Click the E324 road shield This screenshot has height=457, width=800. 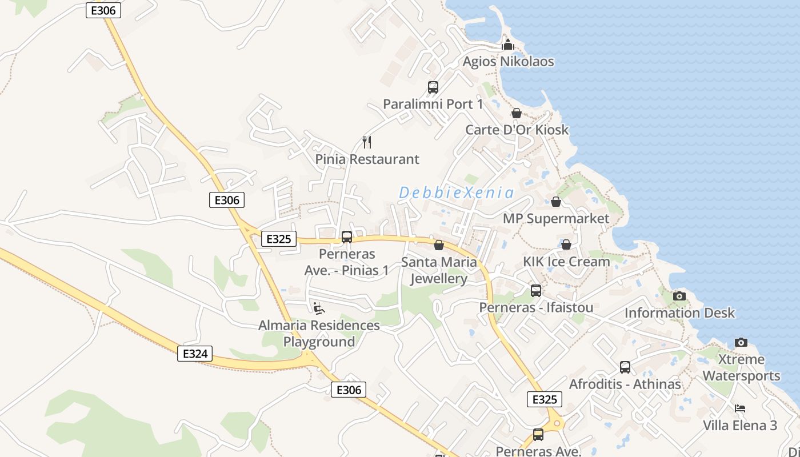pyautogui.click(x=195, y=354)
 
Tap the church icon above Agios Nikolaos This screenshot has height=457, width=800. pyautogui.click(x=507, y=44)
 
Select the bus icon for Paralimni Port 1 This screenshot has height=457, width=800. pyautogui.click(x=433, y=87)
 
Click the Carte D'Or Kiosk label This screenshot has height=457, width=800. pyautogui.click(x=517, y=130)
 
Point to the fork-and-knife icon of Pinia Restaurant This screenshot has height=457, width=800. pyautogui.click(x=367, y=142)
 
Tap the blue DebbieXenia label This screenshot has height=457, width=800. pyautogui.click(x=456, y=193)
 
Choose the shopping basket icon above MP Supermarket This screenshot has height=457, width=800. pyautogui.click(x=555, y=202)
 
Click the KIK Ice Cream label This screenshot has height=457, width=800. pyautogui.click(x=566, y=262)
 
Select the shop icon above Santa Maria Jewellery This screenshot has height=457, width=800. pyautogui.click(x=439, y=245)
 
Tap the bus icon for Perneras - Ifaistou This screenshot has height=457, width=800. pyautogui.click(x=535, y=291)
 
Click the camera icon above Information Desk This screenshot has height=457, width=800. pyautogui.click(x=679, y=296)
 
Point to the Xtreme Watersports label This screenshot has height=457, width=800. pyautogui.click(x=741, y=367)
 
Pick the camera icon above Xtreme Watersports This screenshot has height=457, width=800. pyautogui.click(x=741, y=342)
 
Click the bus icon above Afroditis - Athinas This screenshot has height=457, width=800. pyautogui.click(x=625, y=367)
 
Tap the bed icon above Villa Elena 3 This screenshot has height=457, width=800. pyautogui.click(x=740, y=408)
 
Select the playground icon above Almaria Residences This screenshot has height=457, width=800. pyautogui.click(x=318, y=308)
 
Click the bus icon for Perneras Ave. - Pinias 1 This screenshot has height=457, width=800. pyautogui.click(x=346, y=237)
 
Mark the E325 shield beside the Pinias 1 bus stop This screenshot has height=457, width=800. pyautogui.click(x=279, y=239)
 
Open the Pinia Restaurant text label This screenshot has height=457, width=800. pyautogui.click(x=367, y=159)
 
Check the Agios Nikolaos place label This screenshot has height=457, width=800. pyautogui.click(x=508, y=62)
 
